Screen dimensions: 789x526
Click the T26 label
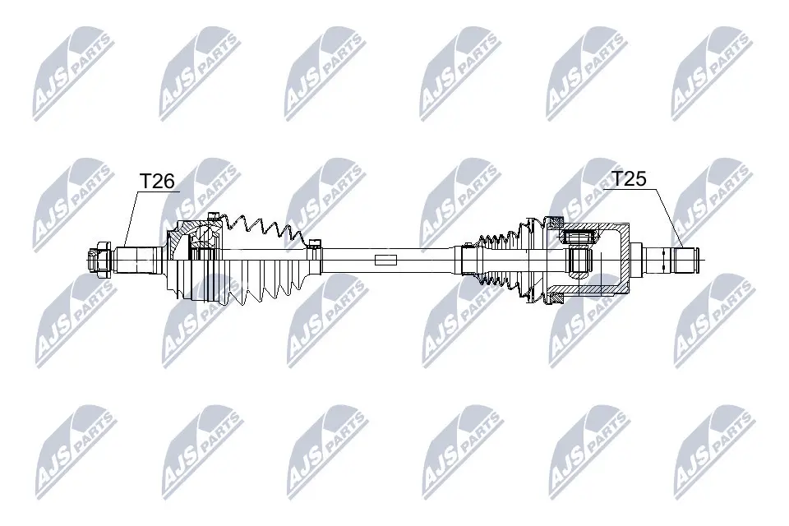[156, 181]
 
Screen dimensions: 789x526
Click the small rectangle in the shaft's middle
[385, 260]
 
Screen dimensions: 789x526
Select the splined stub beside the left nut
[138, 261]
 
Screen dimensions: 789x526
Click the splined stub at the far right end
[671, 259]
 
